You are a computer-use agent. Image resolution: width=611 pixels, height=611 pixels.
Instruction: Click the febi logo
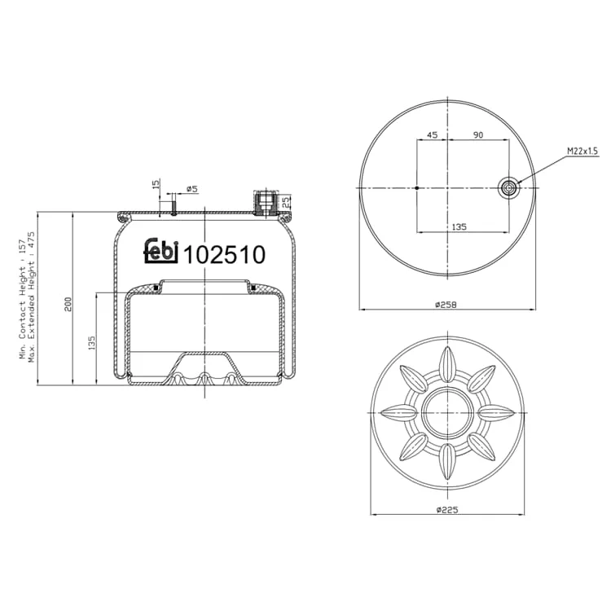tap(161, 251)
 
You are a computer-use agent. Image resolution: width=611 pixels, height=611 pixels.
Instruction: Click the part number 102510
tap(225, 255)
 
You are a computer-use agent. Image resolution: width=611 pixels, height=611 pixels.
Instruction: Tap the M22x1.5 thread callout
tap(582, 152)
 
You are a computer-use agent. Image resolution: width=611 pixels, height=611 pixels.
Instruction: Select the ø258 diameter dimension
tap(446, 305)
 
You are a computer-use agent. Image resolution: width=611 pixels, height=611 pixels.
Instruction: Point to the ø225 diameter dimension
tap(447, 509)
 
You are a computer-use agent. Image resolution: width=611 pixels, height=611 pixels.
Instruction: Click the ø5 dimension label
tap(192, 189)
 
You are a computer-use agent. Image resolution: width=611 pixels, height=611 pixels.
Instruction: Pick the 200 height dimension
tap(68, 304)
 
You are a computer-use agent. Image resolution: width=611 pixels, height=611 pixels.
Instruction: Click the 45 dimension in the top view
tap(432, 134)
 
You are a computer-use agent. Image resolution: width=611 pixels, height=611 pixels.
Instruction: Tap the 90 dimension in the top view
tap(478, 134)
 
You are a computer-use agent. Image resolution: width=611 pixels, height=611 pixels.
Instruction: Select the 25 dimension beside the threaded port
tap(286, 202)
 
